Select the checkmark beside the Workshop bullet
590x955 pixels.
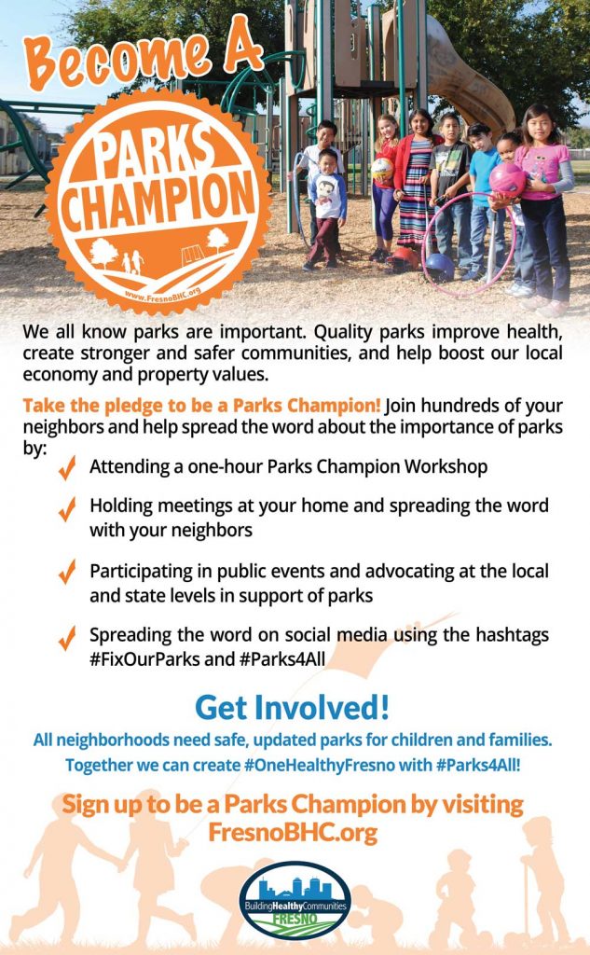click(x=67, y=468)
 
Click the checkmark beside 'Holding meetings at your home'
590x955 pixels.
click(x=67, y=509)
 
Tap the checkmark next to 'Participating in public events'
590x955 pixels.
click(x=67, y=574)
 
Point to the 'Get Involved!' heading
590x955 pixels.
click(x=293, y=707)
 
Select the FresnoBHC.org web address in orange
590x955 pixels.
click(x=294, y=832)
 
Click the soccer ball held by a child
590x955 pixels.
click(x=382, y=169)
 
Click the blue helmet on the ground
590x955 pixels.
click(x=439, y=267)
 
